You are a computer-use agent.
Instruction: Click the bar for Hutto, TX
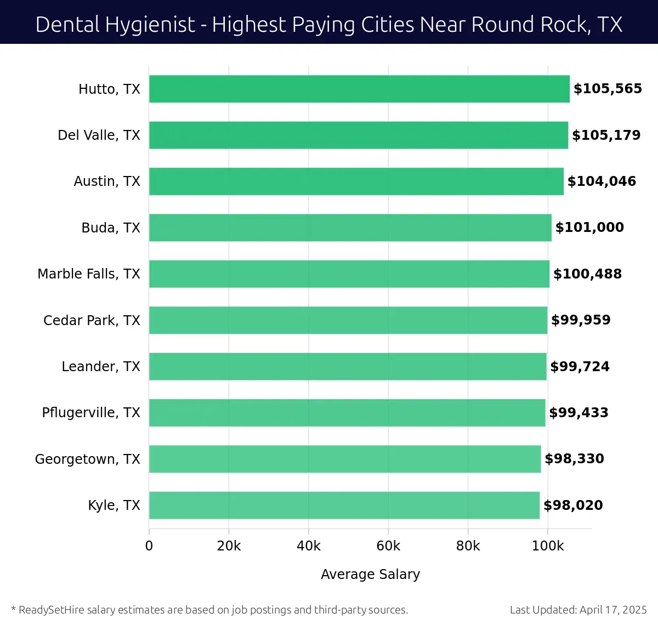point(359,89)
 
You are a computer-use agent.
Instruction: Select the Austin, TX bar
point(356,181)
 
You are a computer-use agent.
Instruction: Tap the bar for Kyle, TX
point(344,505)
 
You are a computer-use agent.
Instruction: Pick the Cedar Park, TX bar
point(348,320)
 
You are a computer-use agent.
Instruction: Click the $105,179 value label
point(606,135)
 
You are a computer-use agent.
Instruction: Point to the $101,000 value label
point(589,228)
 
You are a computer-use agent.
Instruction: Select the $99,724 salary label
point(580,367)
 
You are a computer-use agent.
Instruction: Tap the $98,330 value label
point(574,459)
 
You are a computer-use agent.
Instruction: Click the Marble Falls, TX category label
point(89,274)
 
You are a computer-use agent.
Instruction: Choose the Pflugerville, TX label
point(91,413)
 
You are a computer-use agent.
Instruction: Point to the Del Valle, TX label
point(99,135)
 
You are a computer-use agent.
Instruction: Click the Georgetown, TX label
point(88,459)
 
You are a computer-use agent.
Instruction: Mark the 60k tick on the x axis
point(388,546)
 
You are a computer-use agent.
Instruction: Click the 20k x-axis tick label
point(229,546)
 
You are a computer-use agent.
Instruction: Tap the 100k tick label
point(548,546)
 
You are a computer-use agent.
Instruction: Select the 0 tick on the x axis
point(149,546)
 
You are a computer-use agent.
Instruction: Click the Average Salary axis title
point(370,575)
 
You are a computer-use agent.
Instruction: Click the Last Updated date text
point(578,610)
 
